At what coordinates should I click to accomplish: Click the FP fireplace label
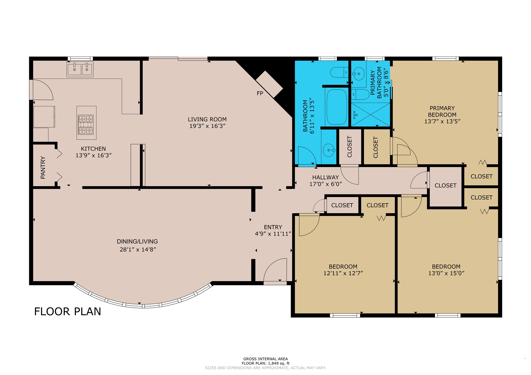pos(260,93)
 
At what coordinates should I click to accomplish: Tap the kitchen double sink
pos(80,69)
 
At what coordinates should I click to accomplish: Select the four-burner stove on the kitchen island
pos(86,124)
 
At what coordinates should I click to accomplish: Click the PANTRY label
pos(43,168)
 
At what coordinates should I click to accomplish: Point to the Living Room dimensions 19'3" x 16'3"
pos(207,126)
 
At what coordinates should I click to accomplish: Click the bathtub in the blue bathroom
pos(336,107)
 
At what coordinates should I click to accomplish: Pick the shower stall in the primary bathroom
pos(370,114)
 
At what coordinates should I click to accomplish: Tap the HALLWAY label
pos(326,177)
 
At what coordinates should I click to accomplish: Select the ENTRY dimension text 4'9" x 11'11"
pos(273,234)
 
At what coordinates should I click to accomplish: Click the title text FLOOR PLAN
pos(67,311)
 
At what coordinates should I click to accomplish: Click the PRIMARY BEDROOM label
pos(442,111)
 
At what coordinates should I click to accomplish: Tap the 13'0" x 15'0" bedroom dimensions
pos(446,273)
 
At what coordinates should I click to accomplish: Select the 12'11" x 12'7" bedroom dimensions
pos(343,273)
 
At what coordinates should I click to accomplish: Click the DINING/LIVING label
pos(137,241)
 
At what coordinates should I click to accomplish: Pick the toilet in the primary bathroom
pos(360,94)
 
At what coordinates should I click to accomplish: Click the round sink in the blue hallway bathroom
pos(329,150)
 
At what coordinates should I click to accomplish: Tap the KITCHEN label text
pos(93,149)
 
